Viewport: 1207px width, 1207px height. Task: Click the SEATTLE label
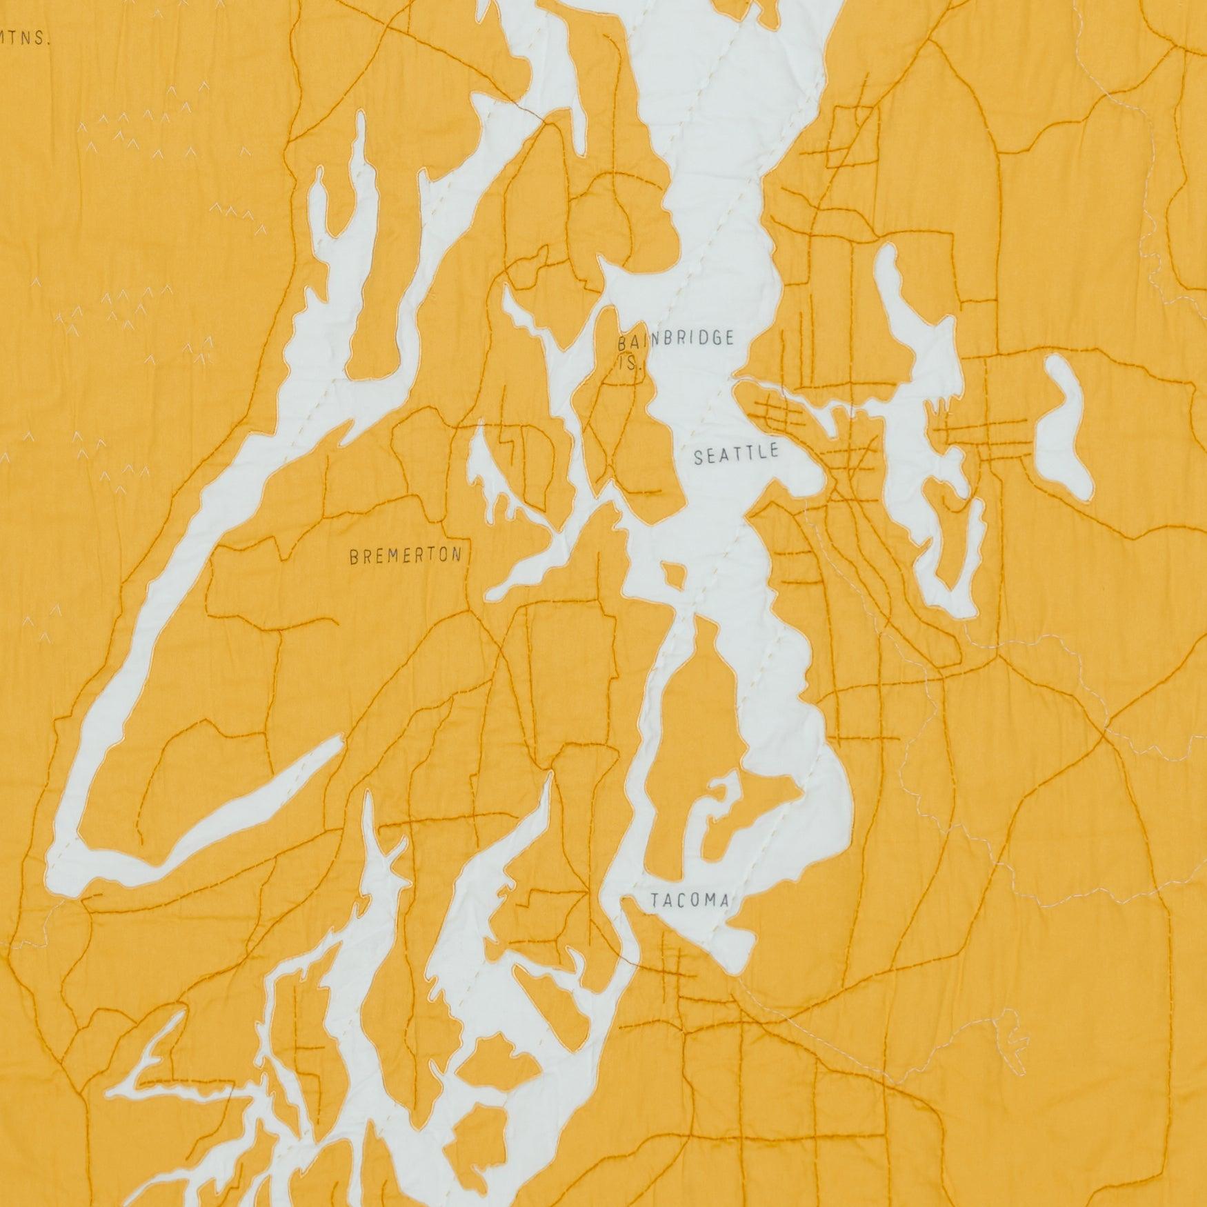click(x=736, y=455)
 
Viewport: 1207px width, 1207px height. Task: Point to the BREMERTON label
click(x=406, y=555)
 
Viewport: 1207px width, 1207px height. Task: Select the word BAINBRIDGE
click(x=675, y=340)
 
